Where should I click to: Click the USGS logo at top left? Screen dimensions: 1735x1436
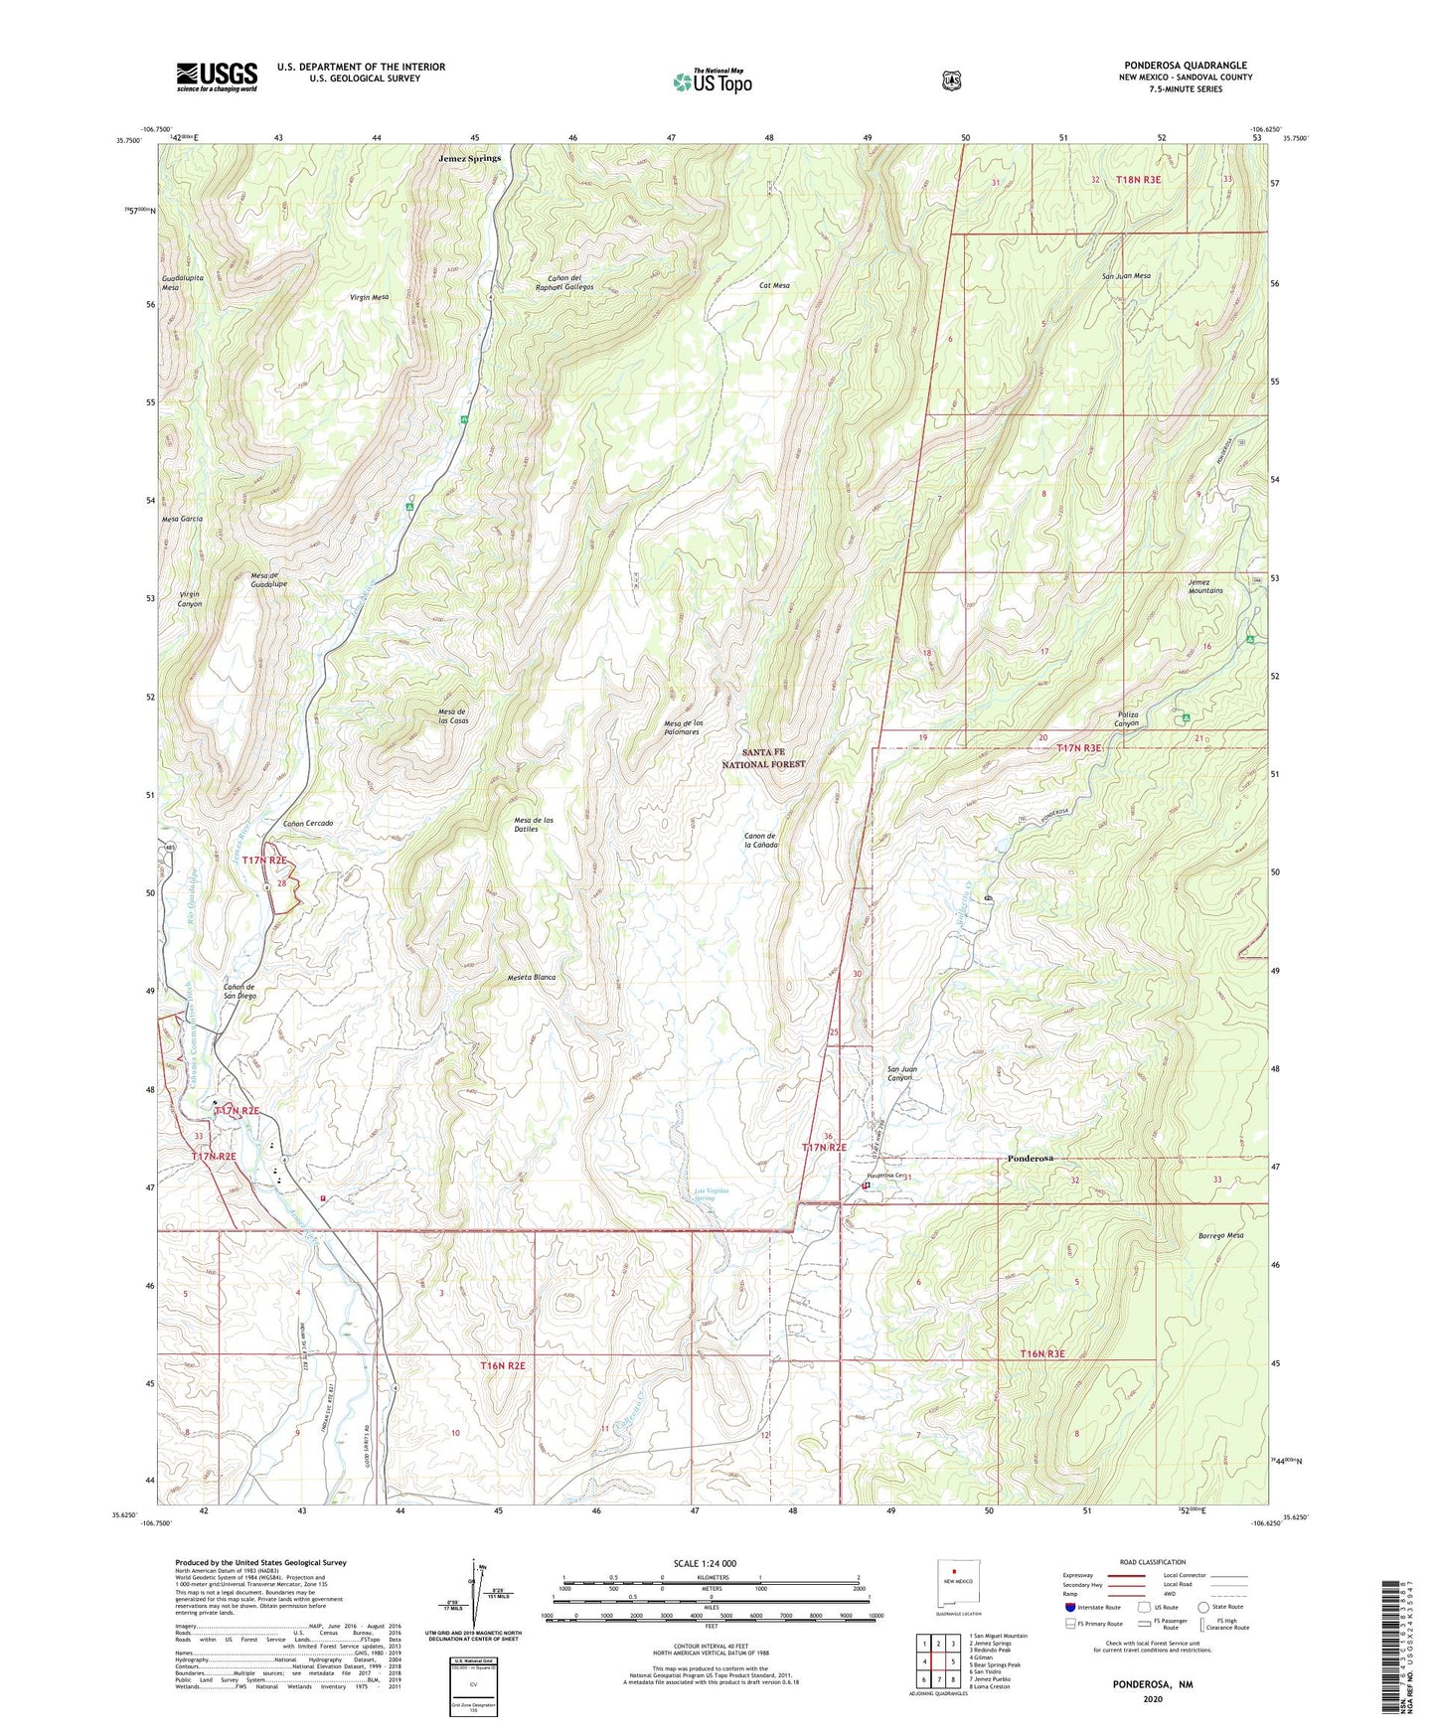click(x=217, y=77)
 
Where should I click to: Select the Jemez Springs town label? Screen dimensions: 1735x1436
click(x=470, y=158)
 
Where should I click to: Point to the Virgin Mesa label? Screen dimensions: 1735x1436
click(x=369, y=297)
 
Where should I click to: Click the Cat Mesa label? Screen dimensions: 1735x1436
click(x=774, y=285)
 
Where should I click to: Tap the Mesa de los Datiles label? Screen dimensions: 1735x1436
click(x=534, y=824)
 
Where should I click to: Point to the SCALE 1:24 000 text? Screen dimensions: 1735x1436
click(x=705, y=1563)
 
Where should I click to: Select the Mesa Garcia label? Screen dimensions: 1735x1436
click(x=183, y=520)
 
